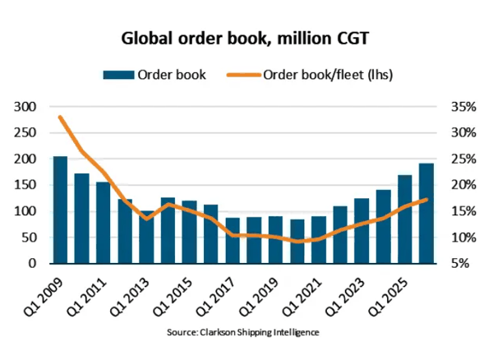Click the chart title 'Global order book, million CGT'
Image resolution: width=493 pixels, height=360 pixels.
(x=246, y=38)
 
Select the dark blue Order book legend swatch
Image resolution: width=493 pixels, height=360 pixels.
(x=117, y=75)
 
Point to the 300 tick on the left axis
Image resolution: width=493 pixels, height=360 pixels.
(x=26, y=107)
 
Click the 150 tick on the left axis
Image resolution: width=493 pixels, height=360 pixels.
(x=26, y=185)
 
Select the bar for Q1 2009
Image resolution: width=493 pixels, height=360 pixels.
(x=60, y=210)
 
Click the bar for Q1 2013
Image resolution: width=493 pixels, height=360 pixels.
(x=146, y=238)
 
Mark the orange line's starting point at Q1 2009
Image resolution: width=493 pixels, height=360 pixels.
(x=60, y=117)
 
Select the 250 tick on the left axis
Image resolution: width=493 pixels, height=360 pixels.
(x=26, y=133)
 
